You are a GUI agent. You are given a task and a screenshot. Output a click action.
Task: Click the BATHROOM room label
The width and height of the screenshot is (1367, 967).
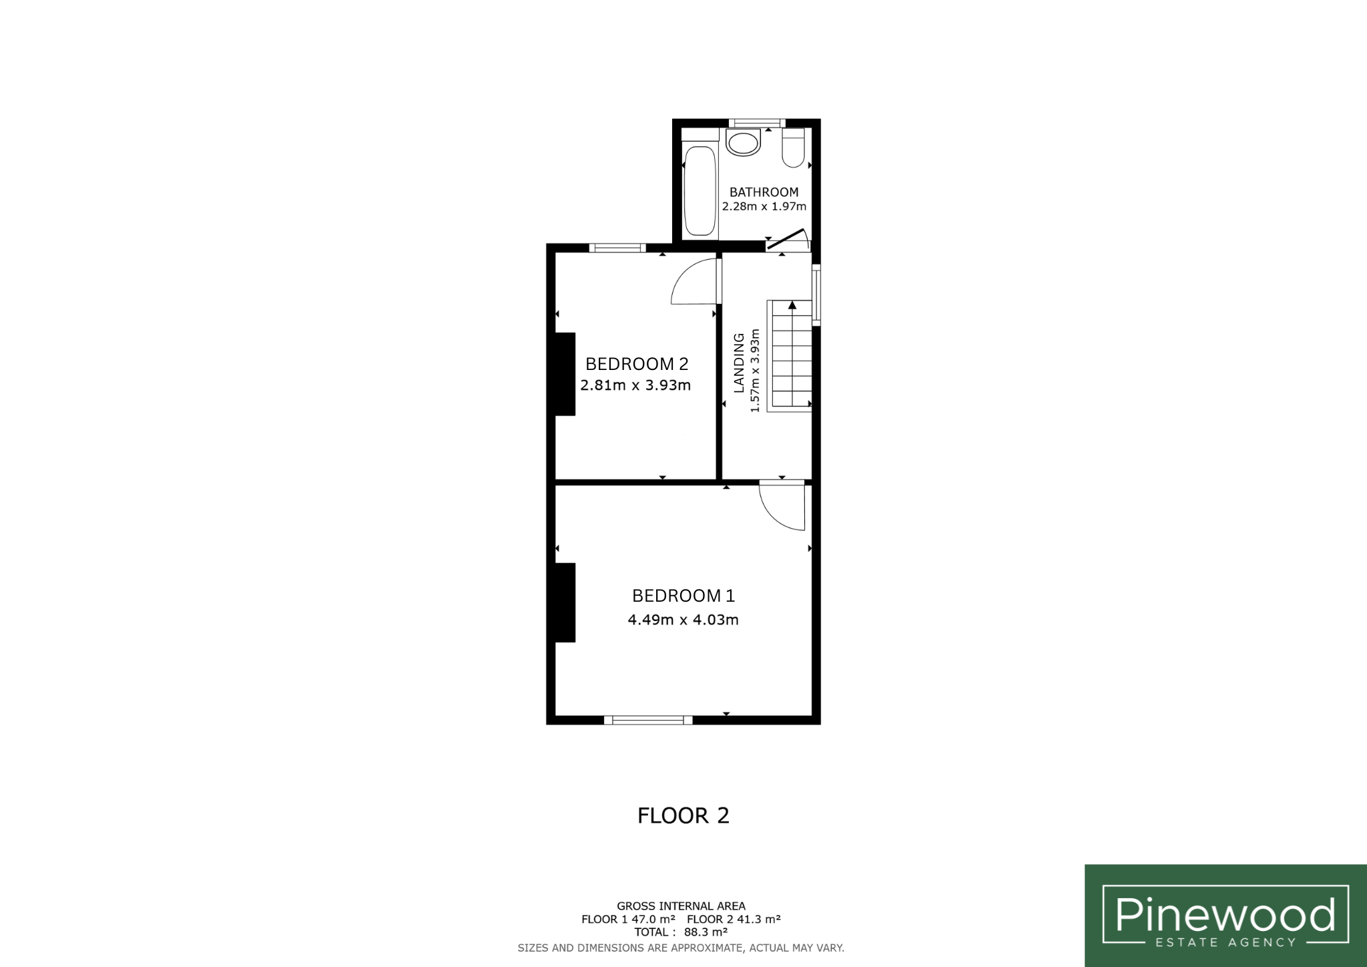pos(764,192)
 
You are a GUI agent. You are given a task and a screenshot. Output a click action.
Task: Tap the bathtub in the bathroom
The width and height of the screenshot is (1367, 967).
pos(700,190)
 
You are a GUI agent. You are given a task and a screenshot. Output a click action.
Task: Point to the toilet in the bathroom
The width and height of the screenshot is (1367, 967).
pos(794,148)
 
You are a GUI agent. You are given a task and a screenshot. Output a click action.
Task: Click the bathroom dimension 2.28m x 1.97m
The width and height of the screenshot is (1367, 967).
pos(764,206)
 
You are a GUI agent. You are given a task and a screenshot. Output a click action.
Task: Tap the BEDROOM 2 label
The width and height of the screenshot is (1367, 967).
pos(636,364)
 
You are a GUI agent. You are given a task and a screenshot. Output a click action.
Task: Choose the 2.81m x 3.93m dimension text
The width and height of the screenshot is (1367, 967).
pos(635,385)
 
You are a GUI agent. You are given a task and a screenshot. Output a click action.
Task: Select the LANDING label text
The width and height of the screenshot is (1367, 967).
pos(739,363)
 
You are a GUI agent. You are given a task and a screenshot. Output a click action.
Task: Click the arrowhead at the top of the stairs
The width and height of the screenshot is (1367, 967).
pos(792,305)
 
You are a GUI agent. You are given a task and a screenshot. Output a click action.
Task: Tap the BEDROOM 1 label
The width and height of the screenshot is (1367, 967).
pos(683,595)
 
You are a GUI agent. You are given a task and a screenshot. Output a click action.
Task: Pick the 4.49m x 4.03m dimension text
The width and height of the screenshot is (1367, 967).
pos(683,620)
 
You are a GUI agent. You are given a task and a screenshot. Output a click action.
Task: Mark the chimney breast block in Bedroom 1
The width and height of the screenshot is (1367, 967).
pos(565,602)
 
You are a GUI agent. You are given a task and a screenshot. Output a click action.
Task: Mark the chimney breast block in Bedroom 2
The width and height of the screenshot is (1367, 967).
pos(565,374)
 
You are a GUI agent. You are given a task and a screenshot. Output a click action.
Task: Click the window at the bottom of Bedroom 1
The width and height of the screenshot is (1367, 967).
pos(648,720)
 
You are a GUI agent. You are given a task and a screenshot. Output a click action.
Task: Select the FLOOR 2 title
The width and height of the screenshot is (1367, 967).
pos(683,815)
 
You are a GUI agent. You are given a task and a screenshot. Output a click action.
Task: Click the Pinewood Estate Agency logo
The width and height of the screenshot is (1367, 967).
pos(1225,916)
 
